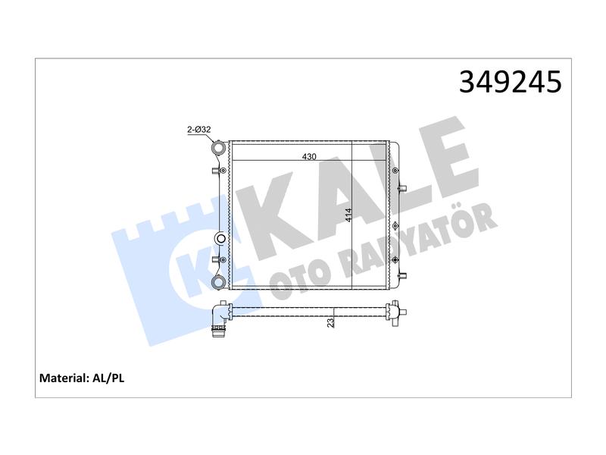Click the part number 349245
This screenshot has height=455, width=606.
[x=510, y=82]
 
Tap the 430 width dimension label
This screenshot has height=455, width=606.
[x=309, y=156]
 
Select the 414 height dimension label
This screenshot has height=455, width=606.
[x=348, y=215]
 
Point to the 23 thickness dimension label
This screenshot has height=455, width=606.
[x=330, y=322]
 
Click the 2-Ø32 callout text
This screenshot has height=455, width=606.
[x=198, y=129]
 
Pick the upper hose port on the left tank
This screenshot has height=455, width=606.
[x=218, y=148]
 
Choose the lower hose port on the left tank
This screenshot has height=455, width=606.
[x=218, y=281]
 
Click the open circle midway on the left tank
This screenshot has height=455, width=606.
[x=220, y=238]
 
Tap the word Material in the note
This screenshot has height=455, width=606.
[x=64, y=378]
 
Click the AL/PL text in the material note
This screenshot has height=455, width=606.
[x=108, y=378]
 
